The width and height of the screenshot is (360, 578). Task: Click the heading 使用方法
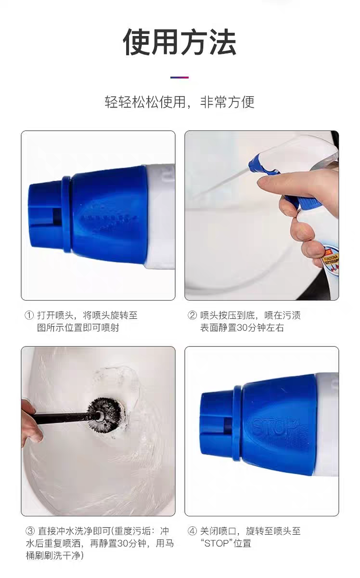pyautogui.click(x=180, y=42)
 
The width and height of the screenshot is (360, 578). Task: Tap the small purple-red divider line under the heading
pyautogui.click(x=180, y=77)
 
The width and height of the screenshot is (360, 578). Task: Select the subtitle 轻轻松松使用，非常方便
pyautogui.click(x=180, y=102)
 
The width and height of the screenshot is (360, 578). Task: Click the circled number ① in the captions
pyautogui.click(x=29, y=315)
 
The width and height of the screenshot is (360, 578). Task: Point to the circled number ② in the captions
pyautogui.click(x=192, y=315)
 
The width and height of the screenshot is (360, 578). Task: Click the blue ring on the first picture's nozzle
pyautogui.click(x=66, y=214)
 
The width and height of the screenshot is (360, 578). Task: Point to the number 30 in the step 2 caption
pyautogui.click(x=242, y=328)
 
